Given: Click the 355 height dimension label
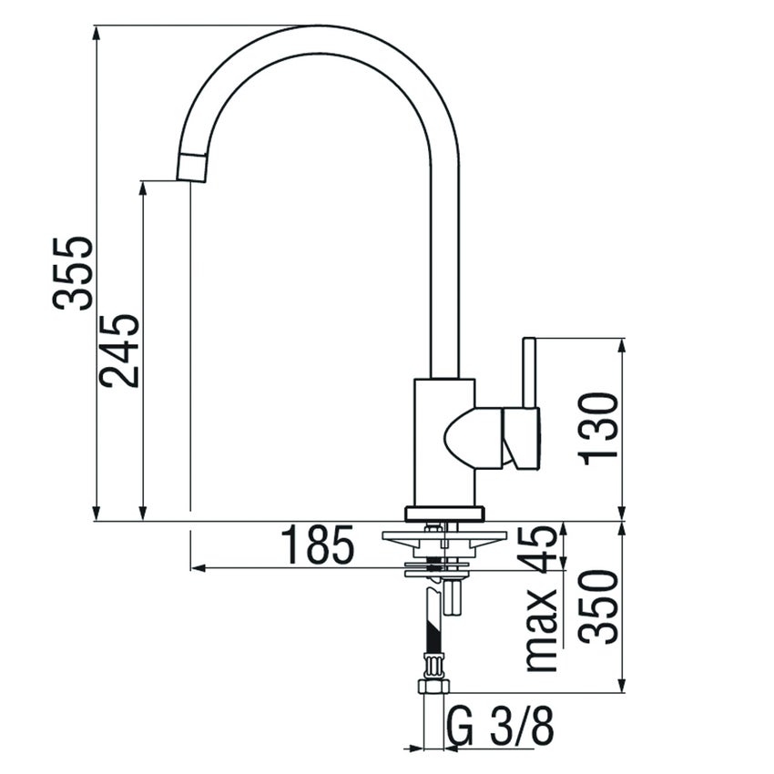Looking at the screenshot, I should (73, 273).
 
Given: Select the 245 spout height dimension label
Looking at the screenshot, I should (120, 351).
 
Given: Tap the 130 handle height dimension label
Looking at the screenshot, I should (599, 428).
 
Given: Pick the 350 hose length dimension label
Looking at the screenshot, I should (599, 607).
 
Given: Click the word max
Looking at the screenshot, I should (543, 628).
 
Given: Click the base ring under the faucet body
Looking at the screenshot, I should (444, 514).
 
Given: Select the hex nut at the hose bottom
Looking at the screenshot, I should (432, 687).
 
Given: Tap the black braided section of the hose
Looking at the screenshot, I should (432, 628).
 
